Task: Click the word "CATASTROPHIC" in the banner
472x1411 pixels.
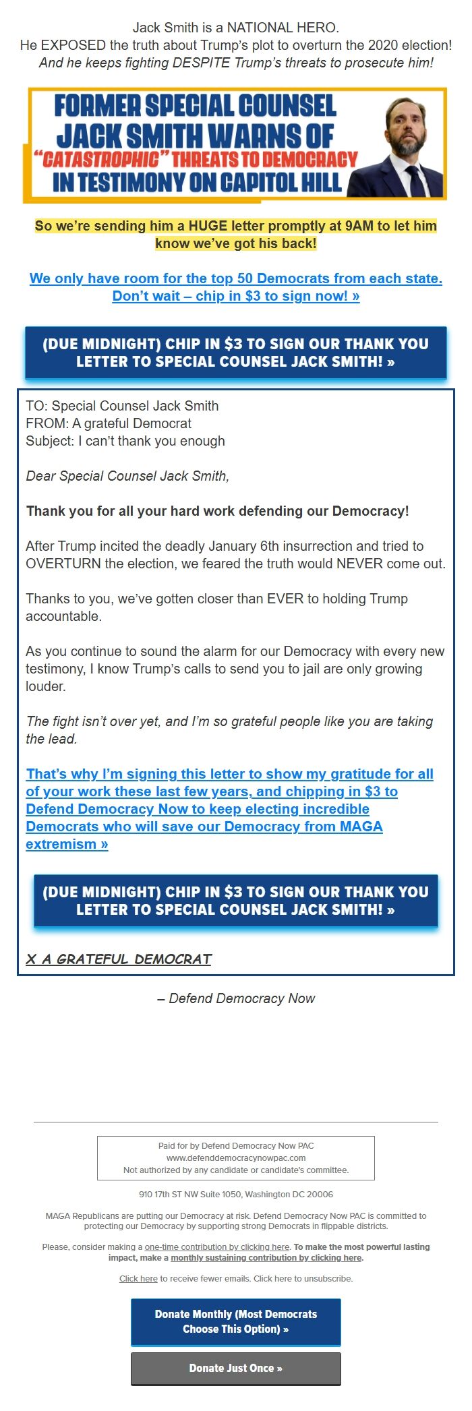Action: coord(101,160)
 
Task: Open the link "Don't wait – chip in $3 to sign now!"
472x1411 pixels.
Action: coord(236,296)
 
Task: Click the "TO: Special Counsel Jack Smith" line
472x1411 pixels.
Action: coord(122,406)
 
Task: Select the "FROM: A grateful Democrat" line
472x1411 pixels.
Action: coord(109,423)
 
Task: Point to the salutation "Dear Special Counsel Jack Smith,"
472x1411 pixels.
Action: coord(127,476)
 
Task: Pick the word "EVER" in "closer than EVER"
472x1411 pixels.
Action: coord(285,599)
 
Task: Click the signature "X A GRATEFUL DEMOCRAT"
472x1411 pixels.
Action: coord(119,959)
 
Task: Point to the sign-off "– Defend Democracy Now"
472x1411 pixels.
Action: coord(236,998)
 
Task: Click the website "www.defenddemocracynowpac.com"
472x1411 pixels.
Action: coord(236,1158)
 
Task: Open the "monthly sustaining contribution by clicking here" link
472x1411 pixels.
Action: coord(266,1257)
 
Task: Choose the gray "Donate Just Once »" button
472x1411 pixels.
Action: coord(236,1368)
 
